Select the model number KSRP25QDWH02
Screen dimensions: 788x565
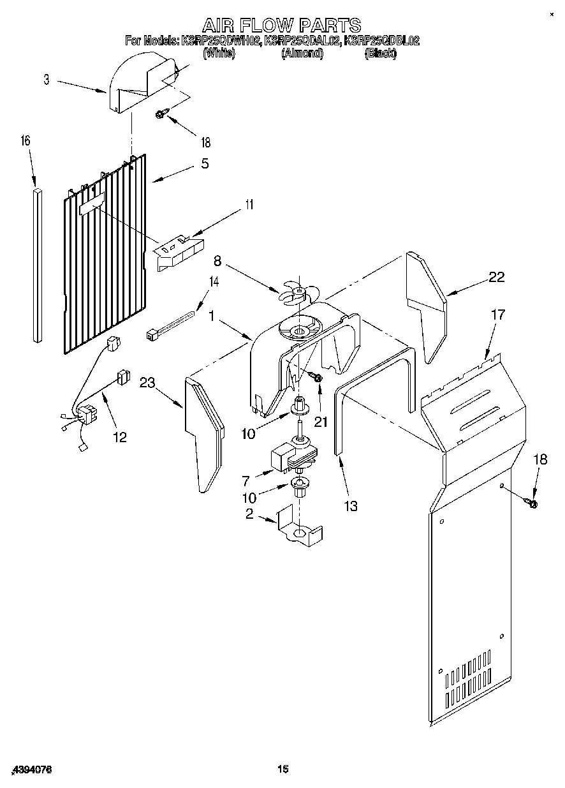(221, 41)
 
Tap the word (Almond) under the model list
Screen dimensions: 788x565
(302, 54)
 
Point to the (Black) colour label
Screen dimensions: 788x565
(380, 54)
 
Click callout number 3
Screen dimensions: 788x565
(47, 80)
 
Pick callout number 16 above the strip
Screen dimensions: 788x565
(26, 141)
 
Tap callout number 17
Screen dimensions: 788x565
(497, 314)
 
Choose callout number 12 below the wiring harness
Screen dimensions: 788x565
(119, 437)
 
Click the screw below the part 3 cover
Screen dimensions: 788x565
(162, 115)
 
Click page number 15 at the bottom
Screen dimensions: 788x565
(282, 769)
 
